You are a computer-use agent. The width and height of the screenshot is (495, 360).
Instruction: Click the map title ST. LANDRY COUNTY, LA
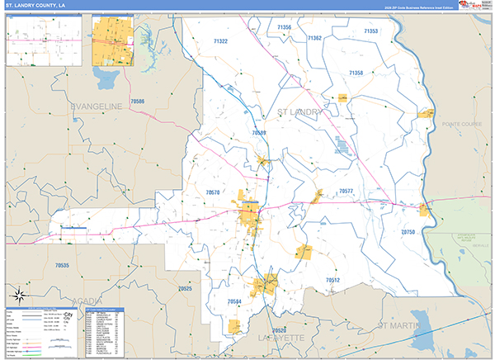37,5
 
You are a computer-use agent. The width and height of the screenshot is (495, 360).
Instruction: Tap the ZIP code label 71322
220,40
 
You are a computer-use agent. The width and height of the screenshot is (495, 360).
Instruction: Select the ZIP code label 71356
285,27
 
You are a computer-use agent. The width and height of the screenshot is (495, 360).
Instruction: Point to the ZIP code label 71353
370,31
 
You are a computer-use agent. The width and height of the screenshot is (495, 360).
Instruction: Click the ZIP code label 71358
356,73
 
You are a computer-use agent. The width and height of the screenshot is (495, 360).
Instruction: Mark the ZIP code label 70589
259,132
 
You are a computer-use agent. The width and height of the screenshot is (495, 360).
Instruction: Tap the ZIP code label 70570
213,192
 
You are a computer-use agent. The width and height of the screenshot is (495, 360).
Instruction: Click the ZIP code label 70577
346,191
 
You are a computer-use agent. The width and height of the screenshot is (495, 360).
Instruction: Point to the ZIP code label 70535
62,265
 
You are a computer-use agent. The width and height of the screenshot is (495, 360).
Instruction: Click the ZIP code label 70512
332,280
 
